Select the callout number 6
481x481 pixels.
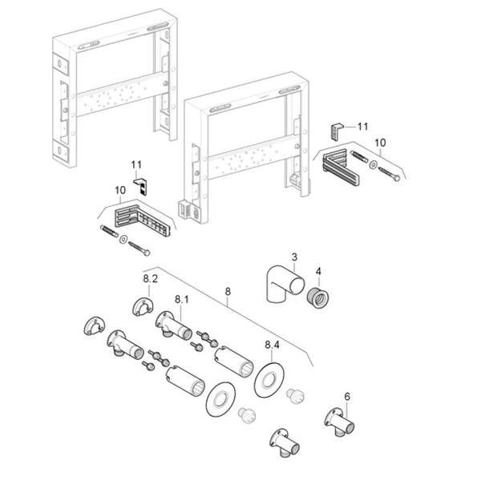point(347,396)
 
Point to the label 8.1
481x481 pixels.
point(182,299)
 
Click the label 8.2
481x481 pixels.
point(151,278)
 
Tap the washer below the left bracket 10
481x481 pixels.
point(123,241)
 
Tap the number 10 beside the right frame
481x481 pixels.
point(381,143)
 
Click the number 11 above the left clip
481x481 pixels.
point(137,166)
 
